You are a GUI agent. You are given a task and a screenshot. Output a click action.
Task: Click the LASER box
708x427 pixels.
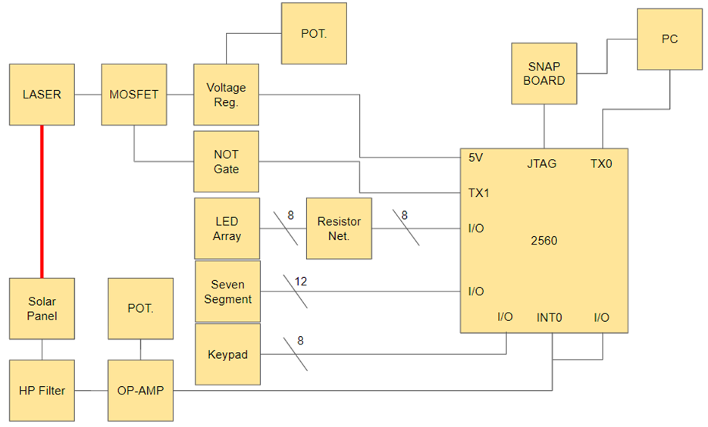(x=42, y=95)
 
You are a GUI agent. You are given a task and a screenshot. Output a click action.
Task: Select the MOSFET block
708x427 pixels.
(x=134, y=95)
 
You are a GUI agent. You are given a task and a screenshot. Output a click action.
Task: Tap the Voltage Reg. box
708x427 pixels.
(x=226, y=95)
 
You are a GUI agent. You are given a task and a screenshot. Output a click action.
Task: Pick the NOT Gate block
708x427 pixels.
(x=226, y=161)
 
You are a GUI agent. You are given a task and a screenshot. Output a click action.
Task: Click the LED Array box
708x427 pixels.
(x=227, y=229)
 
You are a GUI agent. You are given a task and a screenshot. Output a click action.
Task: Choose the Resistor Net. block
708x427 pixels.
(x=339, y=229)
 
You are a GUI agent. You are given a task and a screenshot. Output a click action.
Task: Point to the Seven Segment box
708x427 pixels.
(x=227, y=291)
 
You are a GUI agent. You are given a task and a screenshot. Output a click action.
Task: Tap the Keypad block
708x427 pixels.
(x=227, y=354)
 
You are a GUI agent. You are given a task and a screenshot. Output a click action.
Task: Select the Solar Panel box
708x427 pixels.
(x=42, y=308)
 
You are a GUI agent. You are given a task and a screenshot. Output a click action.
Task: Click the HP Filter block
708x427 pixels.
(x=42, y=391)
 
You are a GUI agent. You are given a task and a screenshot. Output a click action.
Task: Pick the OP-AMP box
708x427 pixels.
(x=141, y=391)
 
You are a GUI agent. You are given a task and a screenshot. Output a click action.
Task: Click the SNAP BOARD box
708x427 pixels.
(x=544, y=73)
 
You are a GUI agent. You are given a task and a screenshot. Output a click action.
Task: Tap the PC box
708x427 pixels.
(x=669, y=39)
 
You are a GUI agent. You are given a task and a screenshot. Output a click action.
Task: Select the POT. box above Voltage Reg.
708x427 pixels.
(x=314, y=34)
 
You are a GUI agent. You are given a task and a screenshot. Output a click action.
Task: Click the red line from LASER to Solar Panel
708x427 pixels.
(x=42, y=201)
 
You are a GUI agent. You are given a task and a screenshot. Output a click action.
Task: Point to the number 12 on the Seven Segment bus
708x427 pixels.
(x=301, y=282)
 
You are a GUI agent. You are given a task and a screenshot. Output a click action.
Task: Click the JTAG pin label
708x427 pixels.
(x=542, y=163)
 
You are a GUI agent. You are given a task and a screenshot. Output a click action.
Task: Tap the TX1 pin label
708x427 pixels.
(x=478, y=193)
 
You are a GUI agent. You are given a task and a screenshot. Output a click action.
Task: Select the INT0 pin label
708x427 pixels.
(x=550, y=317)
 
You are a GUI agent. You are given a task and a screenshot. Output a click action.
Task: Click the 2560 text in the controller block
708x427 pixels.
(x=544, y=241)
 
